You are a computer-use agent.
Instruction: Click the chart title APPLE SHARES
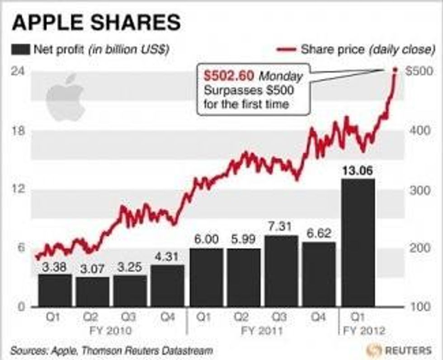96,23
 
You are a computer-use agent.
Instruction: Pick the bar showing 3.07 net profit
93,291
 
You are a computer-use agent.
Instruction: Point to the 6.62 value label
319,234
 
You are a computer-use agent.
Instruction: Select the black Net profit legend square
20,49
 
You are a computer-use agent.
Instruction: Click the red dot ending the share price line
395,70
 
